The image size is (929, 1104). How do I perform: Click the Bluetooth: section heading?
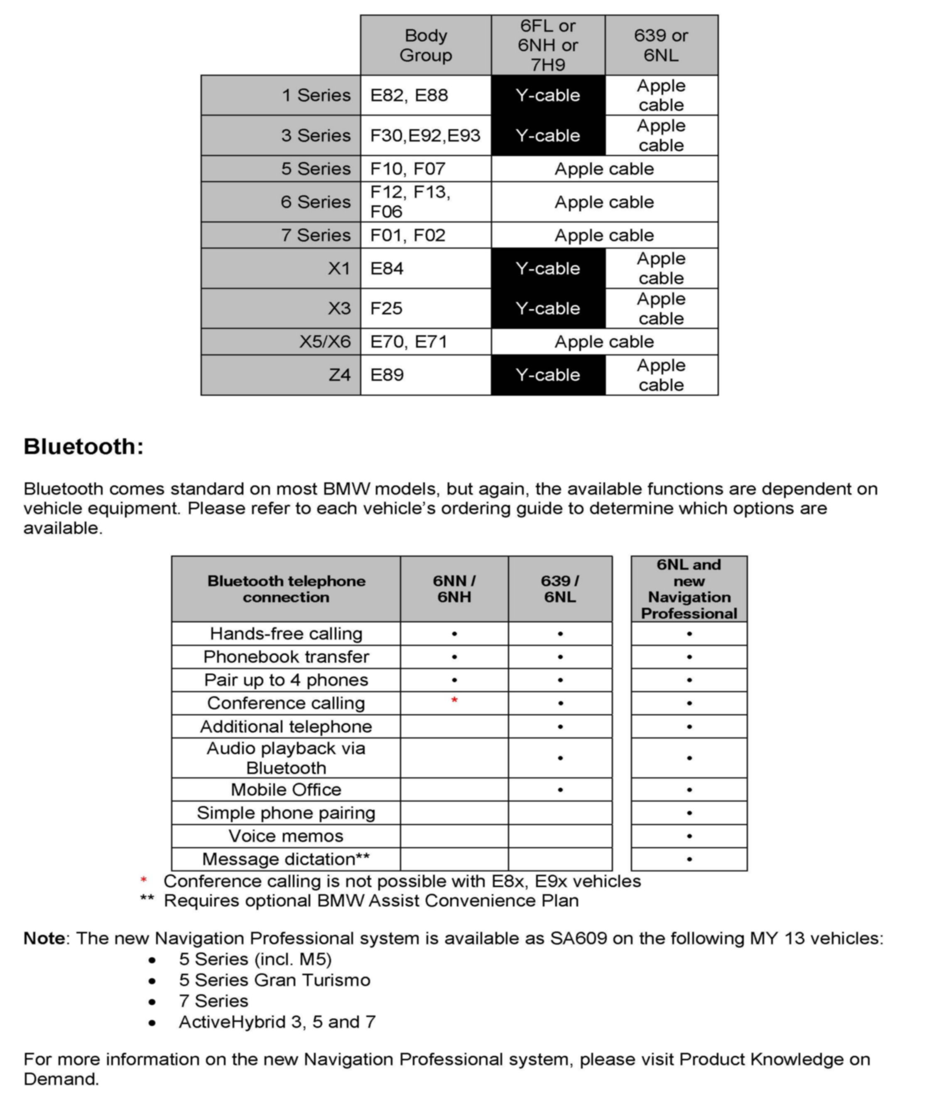coord(83,447)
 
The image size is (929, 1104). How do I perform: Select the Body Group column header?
coord(426,45)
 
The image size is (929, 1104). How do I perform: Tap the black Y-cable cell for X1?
coord(548,268)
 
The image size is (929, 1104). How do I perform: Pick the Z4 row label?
coord(339,375)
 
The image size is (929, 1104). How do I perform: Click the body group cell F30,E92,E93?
coord(425,135)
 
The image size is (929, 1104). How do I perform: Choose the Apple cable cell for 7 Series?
coord(604,235)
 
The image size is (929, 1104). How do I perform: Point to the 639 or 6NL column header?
coord(661,45)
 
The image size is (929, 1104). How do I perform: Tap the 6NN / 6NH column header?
coord(454,589)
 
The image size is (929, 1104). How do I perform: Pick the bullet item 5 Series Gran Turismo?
coord(275,980)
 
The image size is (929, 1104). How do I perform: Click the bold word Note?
coord(44,939)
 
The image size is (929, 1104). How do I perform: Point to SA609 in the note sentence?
coord(578,939)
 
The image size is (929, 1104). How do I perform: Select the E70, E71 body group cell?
coord(409,342)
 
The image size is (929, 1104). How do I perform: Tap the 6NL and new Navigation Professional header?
coord(689,589)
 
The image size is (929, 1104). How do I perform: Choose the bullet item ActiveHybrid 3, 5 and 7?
coord(277,1022)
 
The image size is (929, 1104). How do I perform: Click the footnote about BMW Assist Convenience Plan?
coord(371,900)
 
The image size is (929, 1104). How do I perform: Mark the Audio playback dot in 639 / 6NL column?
coord(560,758)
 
